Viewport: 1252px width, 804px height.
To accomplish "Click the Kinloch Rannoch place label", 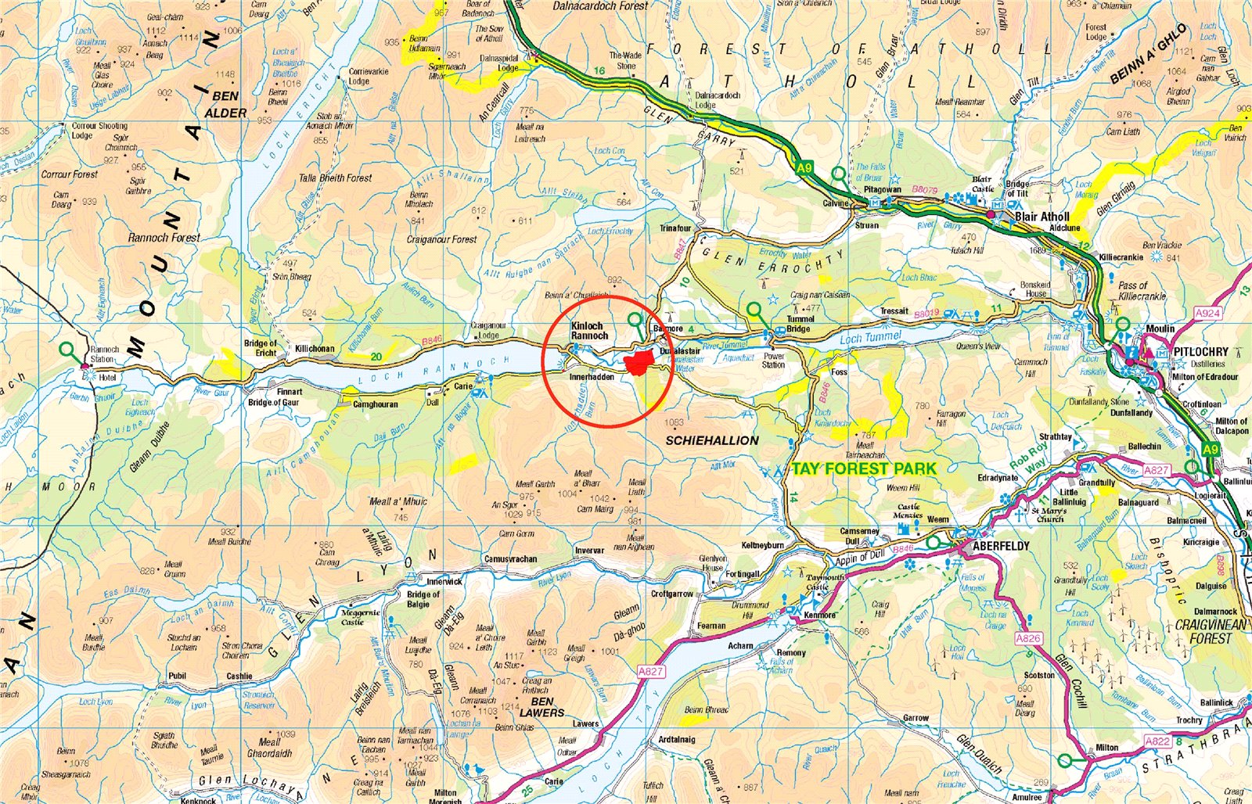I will tap(589, 331).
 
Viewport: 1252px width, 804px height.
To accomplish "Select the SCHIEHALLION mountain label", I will tap(712, 440).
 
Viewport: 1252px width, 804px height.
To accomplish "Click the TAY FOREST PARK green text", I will tap(863, 469).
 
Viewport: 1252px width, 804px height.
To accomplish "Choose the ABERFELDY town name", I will tap(1002, 546).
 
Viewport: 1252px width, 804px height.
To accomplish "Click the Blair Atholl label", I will tap(1042, 217).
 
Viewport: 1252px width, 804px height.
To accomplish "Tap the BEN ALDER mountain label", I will tap(225, 105).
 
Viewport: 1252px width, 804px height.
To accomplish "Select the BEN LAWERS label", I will tap(541, 707).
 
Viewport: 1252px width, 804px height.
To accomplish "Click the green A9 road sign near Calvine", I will tap(805, 167).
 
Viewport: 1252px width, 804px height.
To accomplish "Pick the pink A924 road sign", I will tap(1207, 313).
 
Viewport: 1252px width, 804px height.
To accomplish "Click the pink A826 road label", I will tap(1028, 638).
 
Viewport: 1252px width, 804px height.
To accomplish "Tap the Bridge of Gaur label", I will tap(273, 403).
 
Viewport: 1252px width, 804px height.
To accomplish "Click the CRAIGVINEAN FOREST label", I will tap(1211, 631).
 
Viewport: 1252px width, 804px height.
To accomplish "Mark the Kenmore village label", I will tap(819, 615).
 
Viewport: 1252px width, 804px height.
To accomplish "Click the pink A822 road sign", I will tap(1157, 741).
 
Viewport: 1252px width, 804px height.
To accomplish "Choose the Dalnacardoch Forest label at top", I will tap(600, 6).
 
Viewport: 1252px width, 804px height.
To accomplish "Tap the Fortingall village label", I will tap(742, 574).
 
